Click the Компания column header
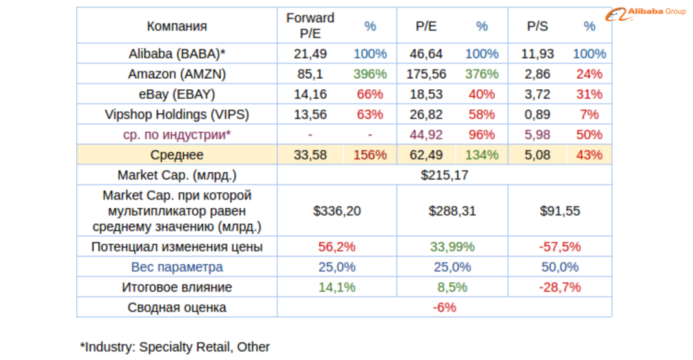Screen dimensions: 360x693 [x=177, y=26]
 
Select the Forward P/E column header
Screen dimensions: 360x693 [x=310, y=26]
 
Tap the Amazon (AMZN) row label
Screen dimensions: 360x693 [x=177, y=74]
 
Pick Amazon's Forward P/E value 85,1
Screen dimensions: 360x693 [x=310, y=74]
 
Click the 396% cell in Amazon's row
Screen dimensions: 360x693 [x=370, y=74]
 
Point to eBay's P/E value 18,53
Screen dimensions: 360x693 [x=426, y=94]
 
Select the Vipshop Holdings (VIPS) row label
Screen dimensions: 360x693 [x=177, y=115]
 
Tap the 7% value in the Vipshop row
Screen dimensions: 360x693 [x=589, y=115]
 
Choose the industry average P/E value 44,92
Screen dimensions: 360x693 [x=426, y=135]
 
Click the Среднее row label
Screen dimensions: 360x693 [x=177, y=155]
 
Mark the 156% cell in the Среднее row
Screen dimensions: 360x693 [x=370, y=155]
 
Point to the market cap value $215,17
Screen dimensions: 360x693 [x=444, y=175]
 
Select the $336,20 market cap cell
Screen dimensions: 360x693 [x=336, y=212]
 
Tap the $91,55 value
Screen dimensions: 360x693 [x=560, y=212]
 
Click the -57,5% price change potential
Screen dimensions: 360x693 [x=560, y=247]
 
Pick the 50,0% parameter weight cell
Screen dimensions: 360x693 [x=560, y=267]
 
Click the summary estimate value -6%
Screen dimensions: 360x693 [x=444, y=307]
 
